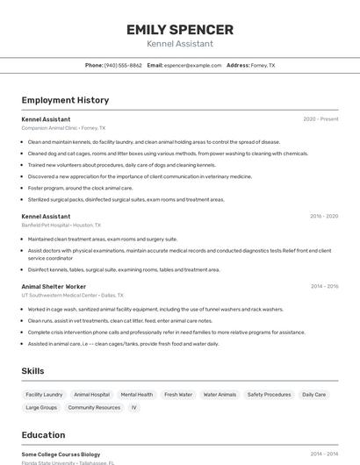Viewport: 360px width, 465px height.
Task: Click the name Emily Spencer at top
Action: coord(180,30)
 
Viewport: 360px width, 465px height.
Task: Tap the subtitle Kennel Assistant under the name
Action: coord(180,44)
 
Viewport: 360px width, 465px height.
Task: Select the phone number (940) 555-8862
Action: coord(123,65)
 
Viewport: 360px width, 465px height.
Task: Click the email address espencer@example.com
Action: coord(192,65)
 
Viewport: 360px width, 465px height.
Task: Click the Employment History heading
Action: coord(65,100)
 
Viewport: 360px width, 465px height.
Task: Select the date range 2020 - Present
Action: coord(320,118)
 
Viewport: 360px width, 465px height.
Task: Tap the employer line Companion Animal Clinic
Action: coord(63,128)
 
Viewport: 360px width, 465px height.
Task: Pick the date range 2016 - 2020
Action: coord(323,216)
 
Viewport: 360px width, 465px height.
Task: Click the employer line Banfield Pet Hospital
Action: coord(61,225)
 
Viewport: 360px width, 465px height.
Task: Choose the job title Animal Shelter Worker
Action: coord(54,286)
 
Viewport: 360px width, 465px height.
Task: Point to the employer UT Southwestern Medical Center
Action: coord(72,296)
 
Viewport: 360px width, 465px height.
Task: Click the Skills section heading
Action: coord(32,371)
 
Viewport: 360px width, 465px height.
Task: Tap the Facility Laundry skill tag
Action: coord(44,395)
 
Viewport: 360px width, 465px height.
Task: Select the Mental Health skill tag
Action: coord(137,395)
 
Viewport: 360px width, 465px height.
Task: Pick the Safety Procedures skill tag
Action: coord(269,395)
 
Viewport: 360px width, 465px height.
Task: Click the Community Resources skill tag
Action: coord(94,407)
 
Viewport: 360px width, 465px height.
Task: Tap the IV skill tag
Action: coord(134,407)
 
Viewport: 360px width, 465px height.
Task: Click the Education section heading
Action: coord(43,435)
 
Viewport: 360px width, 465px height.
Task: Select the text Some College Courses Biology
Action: coord(61,454)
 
